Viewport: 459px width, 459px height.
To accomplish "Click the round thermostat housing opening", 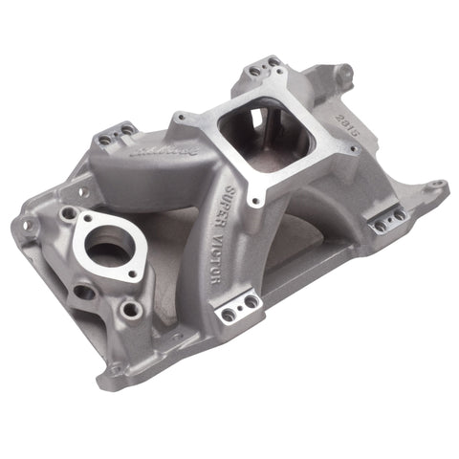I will tap(108, 246).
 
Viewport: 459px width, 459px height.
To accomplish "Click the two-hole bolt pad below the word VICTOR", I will tap(237, 308).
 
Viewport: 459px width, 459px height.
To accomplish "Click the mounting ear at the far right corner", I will tap(436, 184).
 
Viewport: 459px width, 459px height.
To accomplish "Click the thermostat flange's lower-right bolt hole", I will tap(131, 309).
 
